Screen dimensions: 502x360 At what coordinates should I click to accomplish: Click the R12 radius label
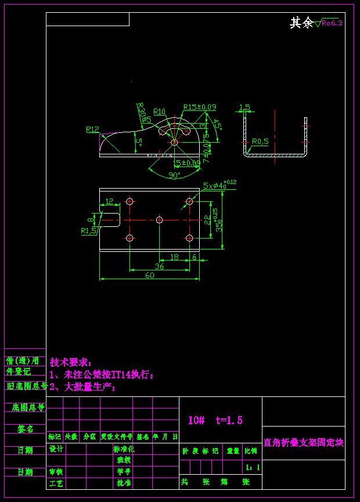92,129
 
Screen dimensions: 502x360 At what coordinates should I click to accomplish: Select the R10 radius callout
159,111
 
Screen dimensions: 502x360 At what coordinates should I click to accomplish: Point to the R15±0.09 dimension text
200,107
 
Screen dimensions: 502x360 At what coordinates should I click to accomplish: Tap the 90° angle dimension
174,175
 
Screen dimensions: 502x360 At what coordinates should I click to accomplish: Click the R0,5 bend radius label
260,141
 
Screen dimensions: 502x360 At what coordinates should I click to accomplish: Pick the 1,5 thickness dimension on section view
244,107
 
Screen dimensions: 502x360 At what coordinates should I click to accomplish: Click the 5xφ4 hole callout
219,185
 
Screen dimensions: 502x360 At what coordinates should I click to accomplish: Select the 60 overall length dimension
149,276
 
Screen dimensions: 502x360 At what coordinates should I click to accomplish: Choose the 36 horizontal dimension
159,266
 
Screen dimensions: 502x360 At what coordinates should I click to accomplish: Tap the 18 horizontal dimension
174,257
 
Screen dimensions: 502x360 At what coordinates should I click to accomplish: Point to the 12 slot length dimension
109,201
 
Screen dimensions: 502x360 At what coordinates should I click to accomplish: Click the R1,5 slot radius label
88,230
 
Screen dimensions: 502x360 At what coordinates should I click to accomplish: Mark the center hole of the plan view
160,219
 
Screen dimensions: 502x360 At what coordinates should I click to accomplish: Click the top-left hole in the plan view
129,201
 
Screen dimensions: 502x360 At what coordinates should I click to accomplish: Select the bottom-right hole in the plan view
189,238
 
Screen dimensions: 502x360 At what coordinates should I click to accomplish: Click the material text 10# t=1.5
215,420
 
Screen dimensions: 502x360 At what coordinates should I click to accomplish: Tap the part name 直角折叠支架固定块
303,443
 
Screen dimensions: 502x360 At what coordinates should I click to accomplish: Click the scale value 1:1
253,467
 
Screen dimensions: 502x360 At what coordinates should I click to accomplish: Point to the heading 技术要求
71,362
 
